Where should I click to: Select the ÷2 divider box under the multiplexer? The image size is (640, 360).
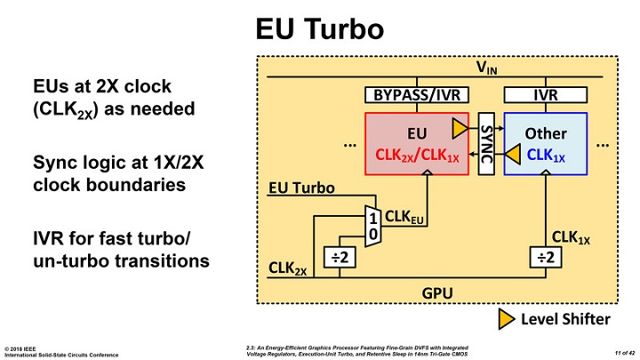tap(340, 254)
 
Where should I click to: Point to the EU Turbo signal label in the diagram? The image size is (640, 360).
tap(301, 188)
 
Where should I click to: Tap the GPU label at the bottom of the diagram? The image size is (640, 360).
tap(433, 290)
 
